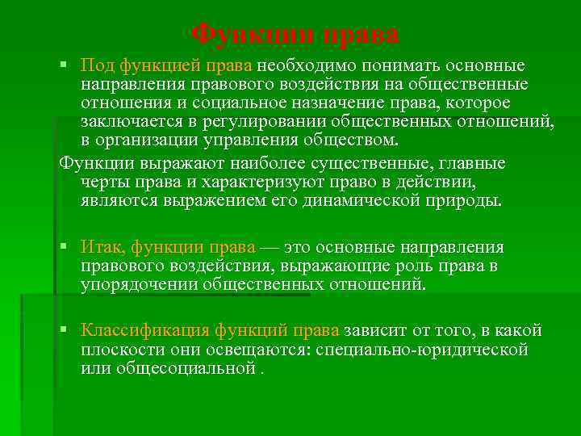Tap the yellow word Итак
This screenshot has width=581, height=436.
[x=103, y=246]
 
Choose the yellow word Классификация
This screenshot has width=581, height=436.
[x=146, y=330]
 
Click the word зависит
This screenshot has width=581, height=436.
[x=376, y=330]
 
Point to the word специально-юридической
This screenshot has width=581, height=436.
[x=422, y=350]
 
